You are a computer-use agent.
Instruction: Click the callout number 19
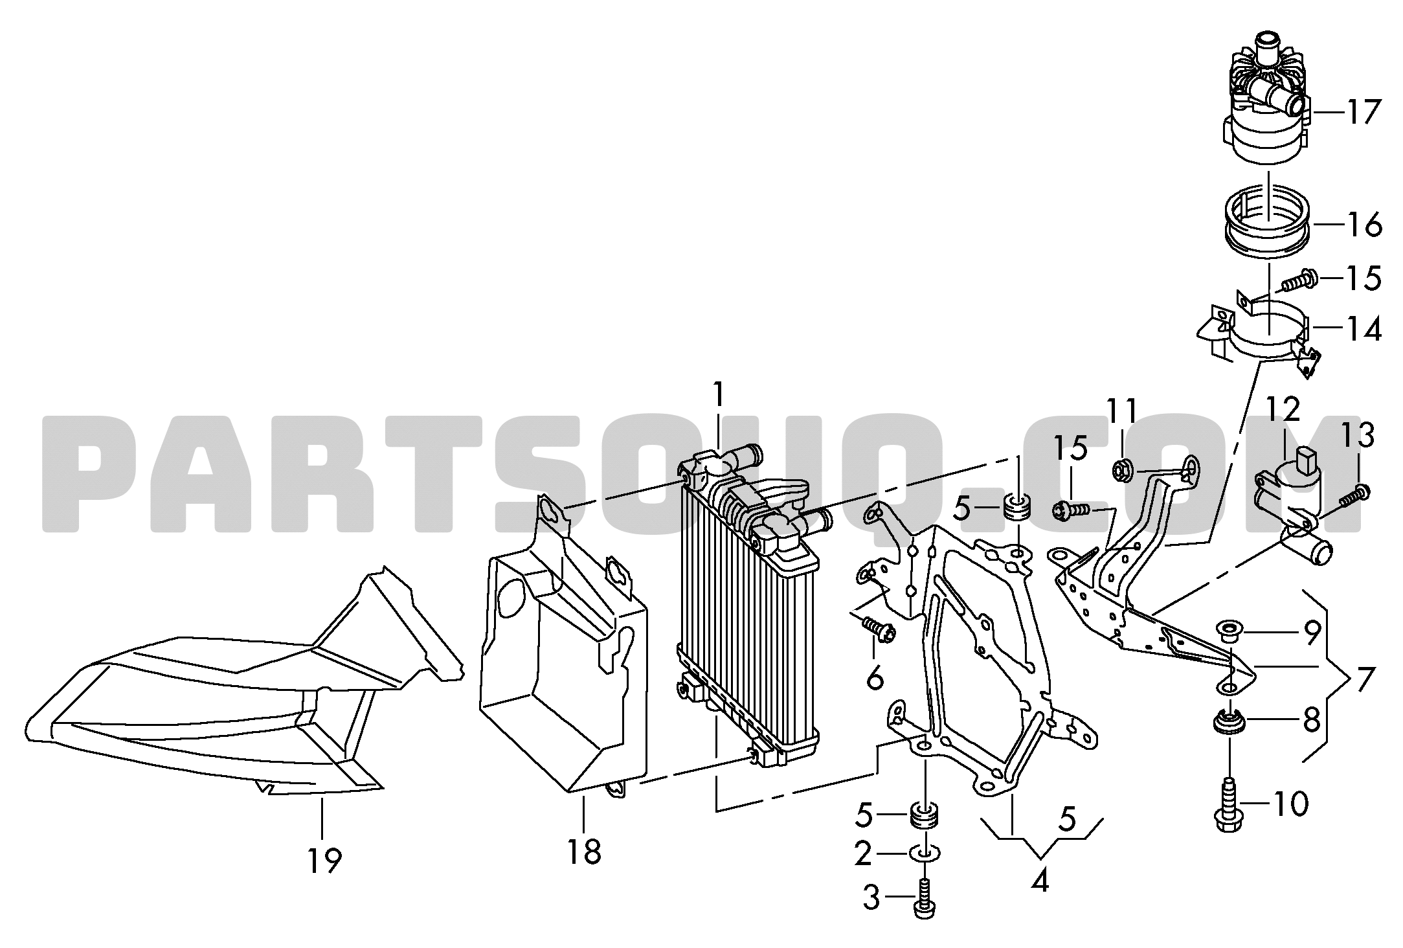324,861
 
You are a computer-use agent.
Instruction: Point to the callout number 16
1364,225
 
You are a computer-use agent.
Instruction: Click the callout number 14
1364,329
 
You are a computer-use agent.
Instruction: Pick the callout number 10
1290,805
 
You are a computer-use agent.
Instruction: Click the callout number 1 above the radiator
717,395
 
